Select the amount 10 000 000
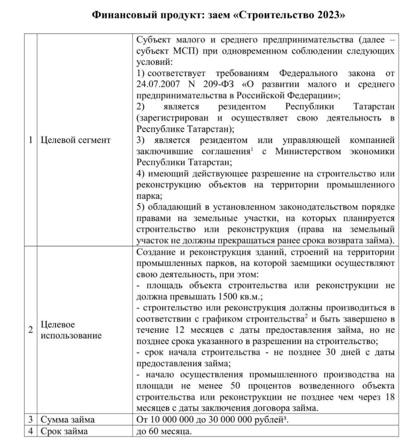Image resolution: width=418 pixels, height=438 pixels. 173,420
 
